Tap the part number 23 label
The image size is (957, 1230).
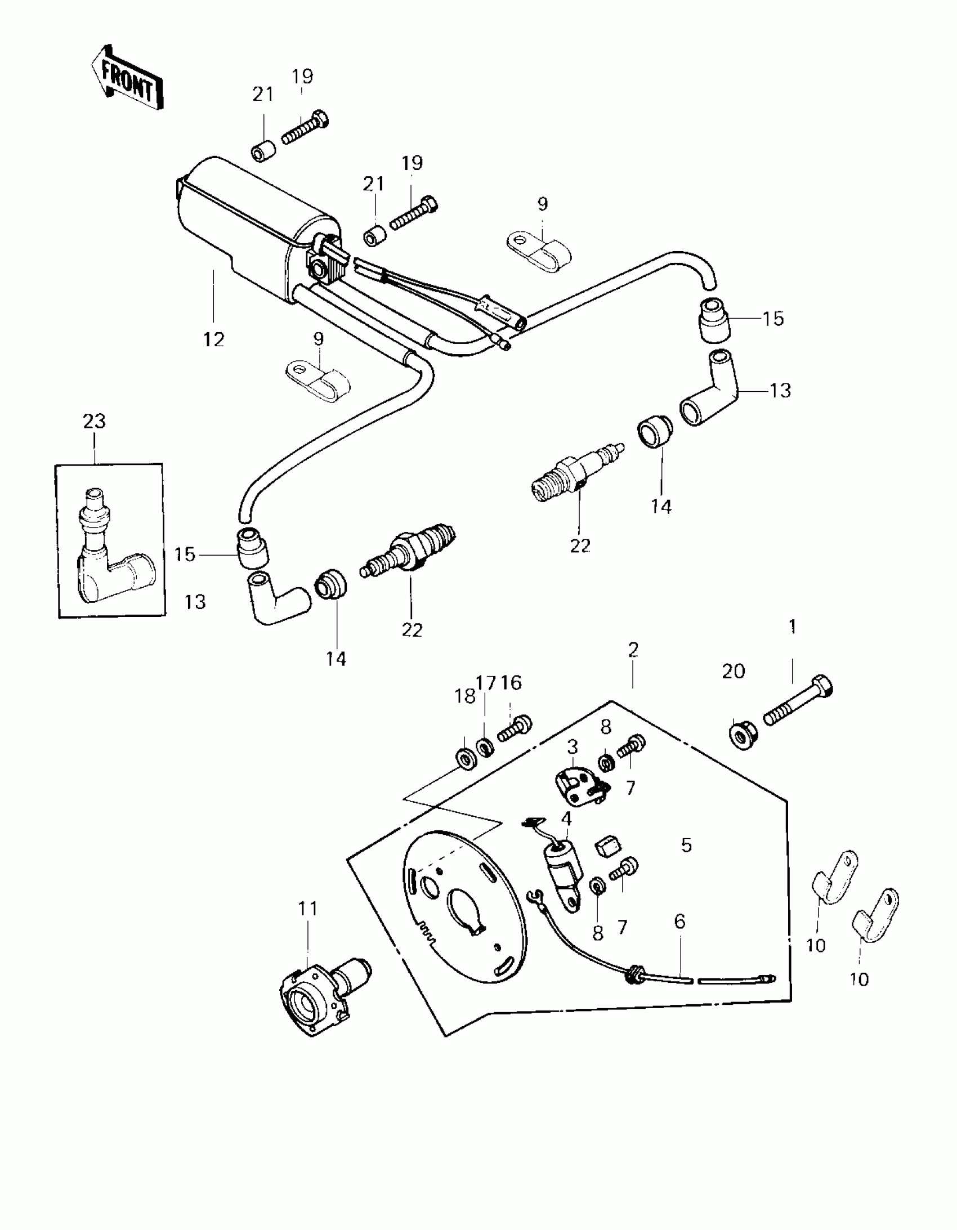[x=94, y=421]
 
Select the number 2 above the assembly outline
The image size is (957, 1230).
[x=633, y=650]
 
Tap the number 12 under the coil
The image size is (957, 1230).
[x=214, y=339]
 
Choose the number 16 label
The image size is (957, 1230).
[x=511, y=683]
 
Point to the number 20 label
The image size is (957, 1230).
[x=734, y=672]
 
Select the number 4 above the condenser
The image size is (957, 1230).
[x=566, y=818]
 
